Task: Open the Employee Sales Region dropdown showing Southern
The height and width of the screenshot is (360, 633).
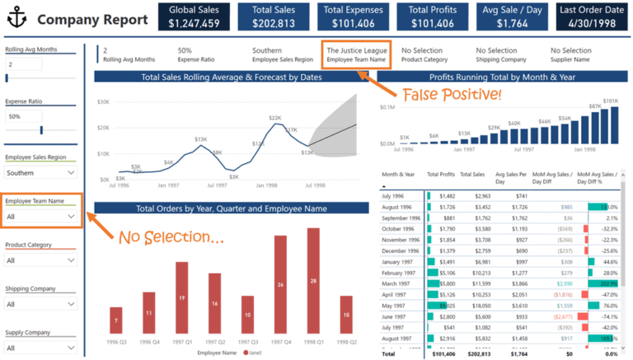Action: click(x=40, y=173)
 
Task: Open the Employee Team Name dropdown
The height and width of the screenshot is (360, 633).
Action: click(x=40, y=217)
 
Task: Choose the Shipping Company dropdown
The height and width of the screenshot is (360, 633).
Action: click(x=40, y=303)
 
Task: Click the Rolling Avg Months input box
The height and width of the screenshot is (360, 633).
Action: click(x=40, y=64)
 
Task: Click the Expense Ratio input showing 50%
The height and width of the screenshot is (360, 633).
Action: click(x=40, y=117)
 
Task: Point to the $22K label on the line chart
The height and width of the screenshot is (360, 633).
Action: click(x=274, y=119)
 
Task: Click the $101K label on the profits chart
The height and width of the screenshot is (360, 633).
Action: click(x=611, y=101)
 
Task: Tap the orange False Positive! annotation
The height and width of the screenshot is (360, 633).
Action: click(x=452, y=95)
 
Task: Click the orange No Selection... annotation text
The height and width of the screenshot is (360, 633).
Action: click(x=171, y=237)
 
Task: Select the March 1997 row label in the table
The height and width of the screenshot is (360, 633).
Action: click(x=398, y=283)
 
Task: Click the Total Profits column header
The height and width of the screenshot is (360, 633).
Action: click(x=441, y=175)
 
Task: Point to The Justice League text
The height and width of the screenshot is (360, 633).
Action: click(x=356, y=50)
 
